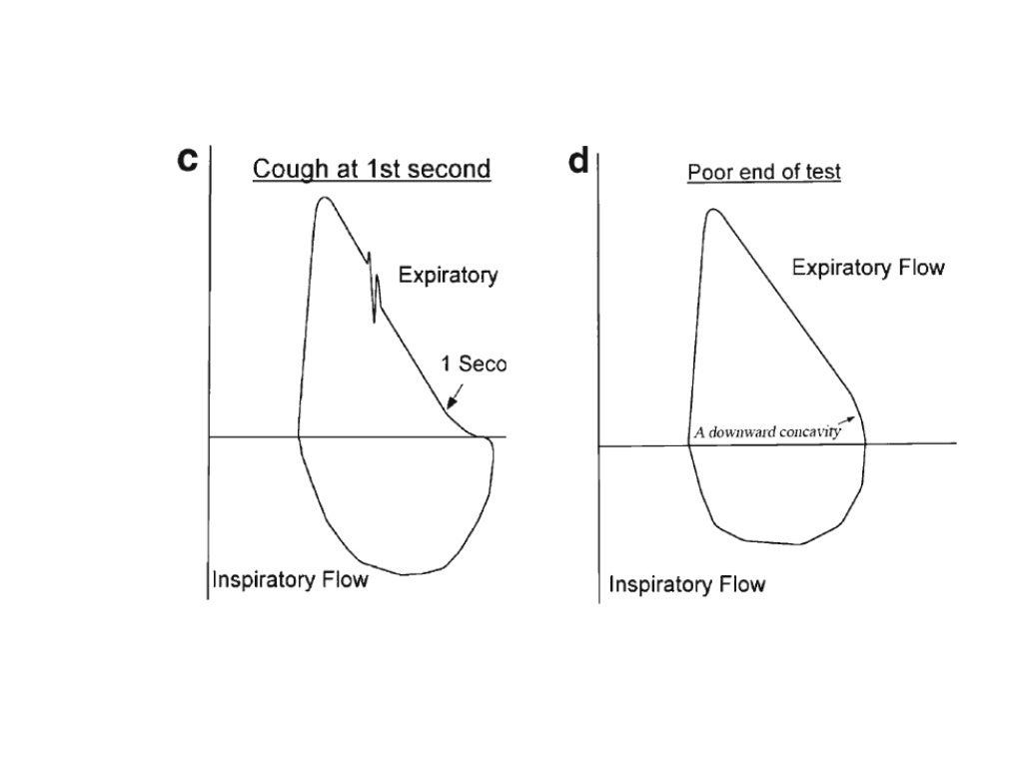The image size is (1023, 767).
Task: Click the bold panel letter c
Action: click(186, 161)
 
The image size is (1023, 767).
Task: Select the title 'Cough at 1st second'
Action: click(371, 169)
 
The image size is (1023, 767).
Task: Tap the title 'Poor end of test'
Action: click(763, 172)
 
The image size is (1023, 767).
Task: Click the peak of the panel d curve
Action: click(712, 210)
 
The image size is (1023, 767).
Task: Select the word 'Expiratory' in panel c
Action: click(448, 276)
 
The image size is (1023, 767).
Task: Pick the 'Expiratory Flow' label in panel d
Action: click(867, 268)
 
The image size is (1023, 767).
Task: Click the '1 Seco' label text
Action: click(474, 366)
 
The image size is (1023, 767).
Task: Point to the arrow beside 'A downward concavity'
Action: click(848, 419)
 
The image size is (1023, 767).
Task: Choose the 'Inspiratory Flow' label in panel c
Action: click(290, 579)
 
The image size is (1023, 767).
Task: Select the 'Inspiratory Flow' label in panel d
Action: click(686, 584)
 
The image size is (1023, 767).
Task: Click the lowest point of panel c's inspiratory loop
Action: click(405, 574)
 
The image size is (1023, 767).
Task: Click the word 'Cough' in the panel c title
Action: click(284, 169)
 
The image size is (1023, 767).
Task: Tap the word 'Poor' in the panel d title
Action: click(704, 172)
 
